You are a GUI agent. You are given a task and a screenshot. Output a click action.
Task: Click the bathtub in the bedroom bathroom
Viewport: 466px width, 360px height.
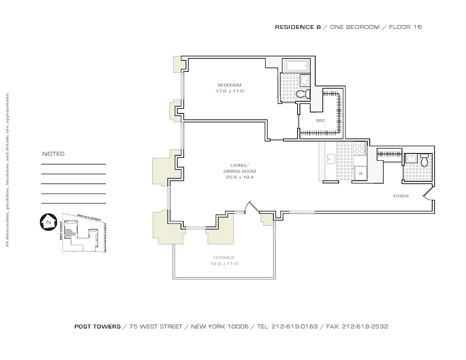296,66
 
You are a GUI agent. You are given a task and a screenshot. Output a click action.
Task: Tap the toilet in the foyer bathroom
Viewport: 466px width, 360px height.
424,161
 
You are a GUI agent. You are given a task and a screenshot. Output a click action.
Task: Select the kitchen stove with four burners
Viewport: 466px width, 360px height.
359,149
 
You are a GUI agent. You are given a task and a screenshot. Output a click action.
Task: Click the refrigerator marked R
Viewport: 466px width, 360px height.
360,173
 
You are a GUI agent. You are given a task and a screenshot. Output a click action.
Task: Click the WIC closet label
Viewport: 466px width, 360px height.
320,121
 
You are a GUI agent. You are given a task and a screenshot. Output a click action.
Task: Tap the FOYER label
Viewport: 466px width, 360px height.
401,196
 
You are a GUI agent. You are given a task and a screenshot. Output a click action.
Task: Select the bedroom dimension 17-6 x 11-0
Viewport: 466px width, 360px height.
230,91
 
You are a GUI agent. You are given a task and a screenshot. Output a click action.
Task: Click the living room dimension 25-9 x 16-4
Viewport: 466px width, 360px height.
240,177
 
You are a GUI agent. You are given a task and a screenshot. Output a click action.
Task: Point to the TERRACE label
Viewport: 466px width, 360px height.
224,258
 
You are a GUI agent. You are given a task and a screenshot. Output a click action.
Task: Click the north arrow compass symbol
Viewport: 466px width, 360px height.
47,222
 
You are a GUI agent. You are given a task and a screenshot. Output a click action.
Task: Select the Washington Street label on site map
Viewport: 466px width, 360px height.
105,237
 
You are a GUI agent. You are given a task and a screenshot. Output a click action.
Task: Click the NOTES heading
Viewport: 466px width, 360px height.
53,154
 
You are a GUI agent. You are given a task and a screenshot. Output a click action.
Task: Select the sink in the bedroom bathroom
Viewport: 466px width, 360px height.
305,81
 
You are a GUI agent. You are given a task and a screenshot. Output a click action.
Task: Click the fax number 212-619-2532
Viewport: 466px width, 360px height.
365,327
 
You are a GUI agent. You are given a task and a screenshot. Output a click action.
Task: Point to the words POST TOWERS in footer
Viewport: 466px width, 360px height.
97,327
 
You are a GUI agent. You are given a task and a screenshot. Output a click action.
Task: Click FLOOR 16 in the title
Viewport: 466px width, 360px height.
405,27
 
